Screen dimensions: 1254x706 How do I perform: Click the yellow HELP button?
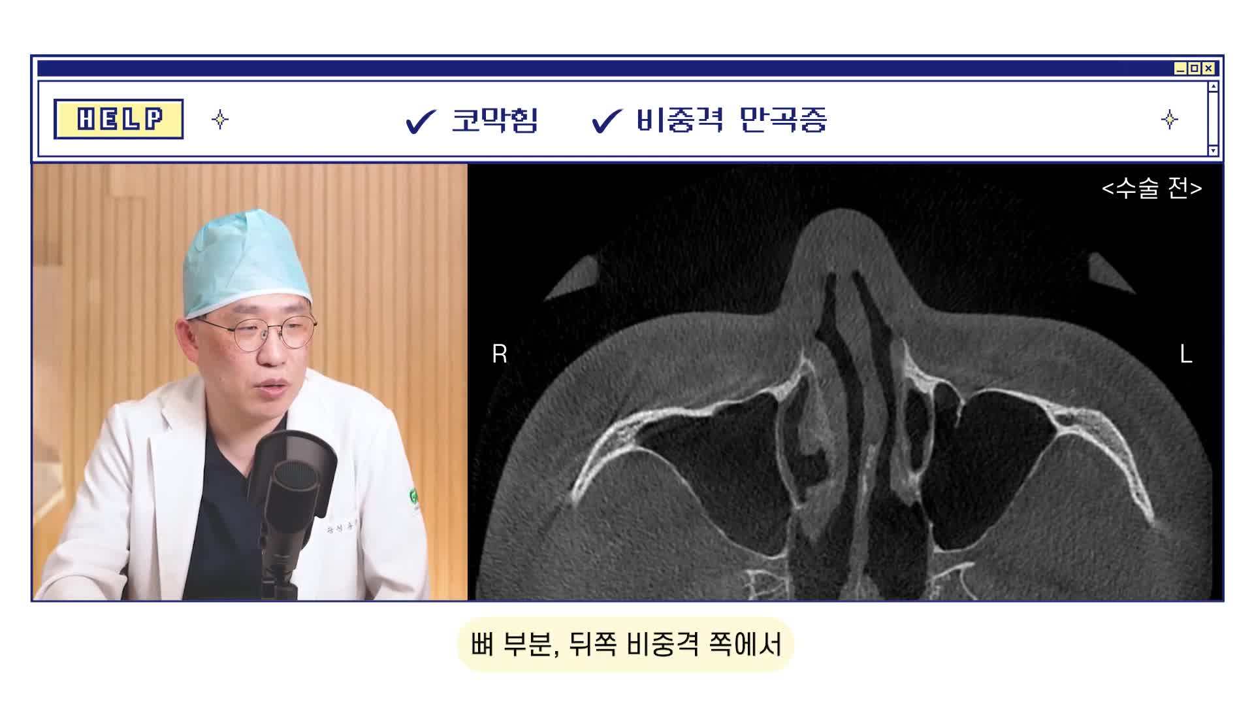118,119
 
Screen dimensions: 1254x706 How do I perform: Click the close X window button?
1209,68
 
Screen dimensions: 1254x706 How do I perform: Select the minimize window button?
1180,68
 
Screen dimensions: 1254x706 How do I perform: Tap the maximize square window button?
1195,68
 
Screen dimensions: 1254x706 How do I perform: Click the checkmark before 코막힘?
421,122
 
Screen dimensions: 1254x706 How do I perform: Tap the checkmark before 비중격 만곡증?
607,122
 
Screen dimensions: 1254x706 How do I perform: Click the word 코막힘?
494,120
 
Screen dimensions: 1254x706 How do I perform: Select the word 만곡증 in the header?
784,120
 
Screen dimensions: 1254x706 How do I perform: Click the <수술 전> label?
1151,188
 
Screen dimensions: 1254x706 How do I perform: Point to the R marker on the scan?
500,354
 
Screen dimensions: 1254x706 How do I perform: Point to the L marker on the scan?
1186,354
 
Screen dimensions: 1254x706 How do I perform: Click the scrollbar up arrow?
1213,86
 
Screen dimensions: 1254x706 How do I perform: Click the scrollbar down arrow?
1213,150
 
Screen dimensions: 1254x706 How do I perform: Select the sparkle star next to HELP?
220,120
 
